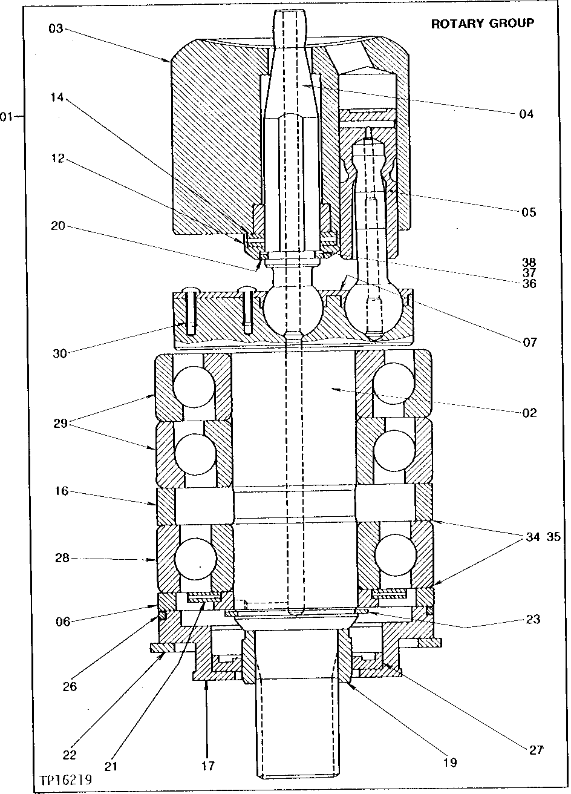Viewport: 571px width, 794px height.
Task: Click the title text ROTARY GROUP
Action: tap(482, 24)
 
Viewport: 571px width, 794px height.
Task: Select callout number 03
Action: tap(56, 28)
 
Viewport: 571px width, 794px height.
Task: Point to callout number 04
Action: tap(526, 113)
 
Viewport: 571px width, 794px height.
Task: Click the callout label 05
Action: tap(527, 212)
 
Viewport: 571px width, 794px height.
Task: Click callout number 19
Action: tap(449, 763)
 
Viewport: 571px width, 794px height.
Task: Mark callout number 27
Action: tap(536, 750)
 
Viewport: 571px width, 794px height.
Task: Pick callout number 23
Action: tap(533, 619)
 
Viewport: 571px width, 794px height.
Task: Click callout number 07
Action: tap(529, 342)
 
